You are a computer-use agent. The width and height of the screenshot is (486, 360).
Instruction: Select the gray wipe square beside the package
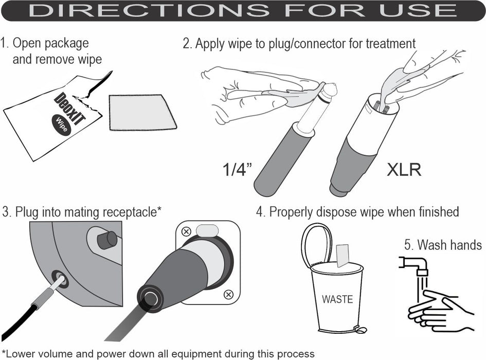click(x=142, y=112)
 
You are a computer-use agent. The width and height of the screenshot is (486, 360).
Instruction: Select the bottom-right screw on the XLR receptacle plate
click(x=229, y=294)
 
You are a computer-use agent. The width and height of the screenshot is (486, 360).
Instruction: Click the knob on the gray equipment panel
click(x=107, y=240)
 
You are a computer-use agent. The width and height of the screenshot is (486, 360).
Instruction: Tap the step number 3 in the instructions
click(x=6, y=211)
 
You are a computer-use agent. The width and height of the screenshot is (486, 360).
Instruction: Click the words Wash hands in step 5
click(x=449, y=244)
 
